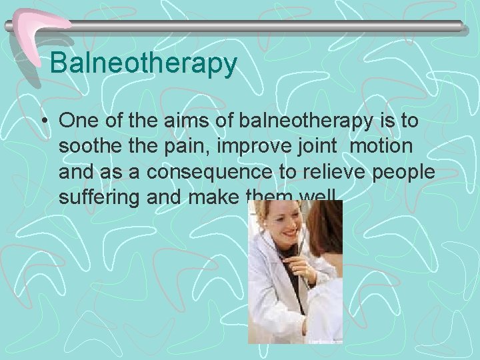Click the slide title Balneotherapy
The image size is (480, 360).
[143, 63]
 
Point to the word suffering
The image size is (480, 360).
[101, 198]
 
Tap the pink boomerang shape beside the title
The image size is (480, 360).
[37, 33]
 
